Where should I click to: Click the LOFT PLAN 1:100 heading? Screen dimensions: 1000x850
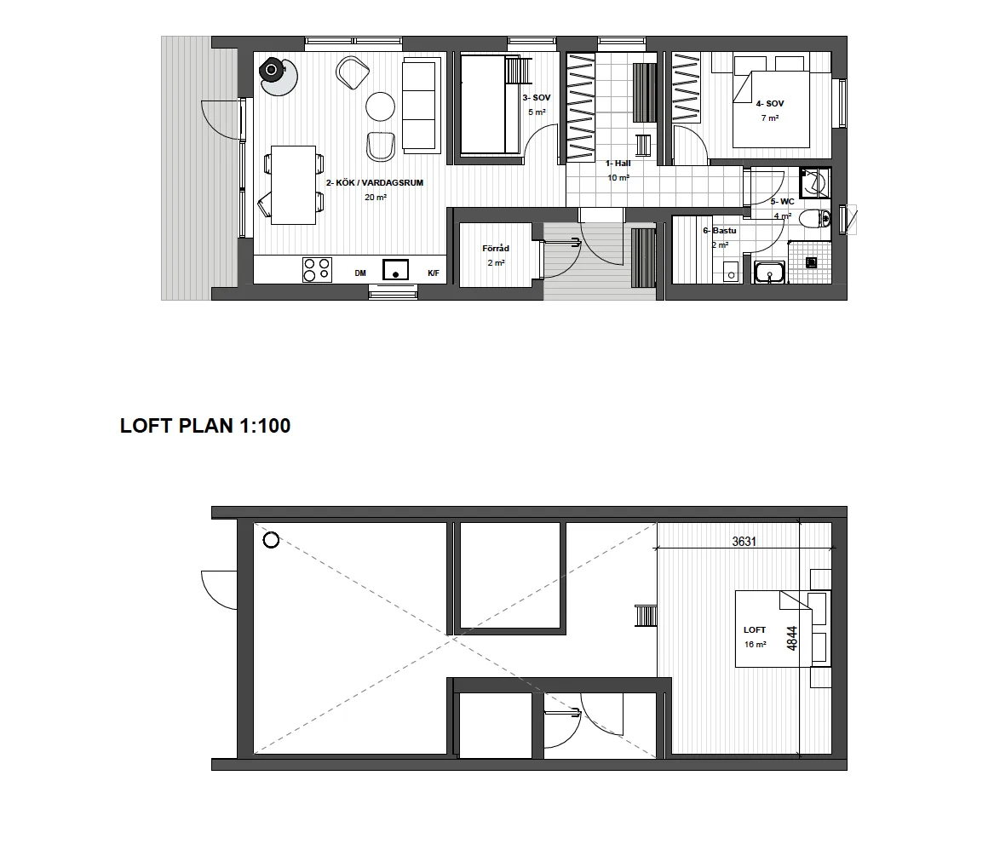[x=205, y=426]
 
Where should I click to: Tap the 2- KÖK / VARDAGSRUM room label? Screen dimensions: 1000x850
[x=375, y=183]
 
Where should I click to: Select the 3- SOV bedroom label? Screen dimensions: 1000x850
[x=537, y=98]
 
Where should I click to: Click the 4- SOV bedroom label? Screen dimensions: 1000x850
[x=770, y=104]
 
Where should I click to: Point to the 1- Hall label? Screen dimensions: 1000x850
[x=618, y=164]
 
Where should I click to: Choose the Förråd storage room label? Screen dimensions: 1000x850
[x=496, y=249]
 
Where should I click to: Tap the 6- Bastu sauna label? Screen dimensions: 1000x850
[x=720, y=231]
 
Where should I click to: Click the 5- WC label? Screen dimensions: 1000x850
[x=783, y=202]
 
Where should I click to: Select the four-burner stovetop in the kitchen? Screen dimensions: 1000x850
[x=317, y=269]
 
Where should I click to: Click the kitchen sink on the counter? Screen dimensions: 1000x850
[x=395, y=270]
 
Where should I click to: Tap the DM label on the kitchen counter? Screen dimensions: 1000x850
[x=360, y=273]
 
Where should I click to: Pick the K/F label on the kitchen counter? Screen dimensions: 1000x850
[x=434, y=273]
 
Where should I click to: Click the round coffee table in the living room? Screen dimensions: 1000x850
[x=381, y=106]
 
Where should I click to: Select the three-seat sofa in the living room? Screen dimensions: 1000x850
[x=422, y=106]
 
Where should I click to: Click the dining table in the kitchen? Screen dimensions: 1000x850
[x=293, y=185]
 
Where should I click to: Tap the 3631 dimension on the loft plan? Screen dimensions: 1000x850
[x=744, y=542]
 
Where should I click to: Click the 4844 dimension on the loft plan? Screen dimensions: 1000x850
[x=792, y=638]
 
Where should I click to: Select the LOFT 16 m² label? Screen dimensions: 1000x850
[x=755, y=637]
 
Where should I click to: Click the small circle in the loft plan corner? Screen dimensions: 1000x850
[x=271, y=541]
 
